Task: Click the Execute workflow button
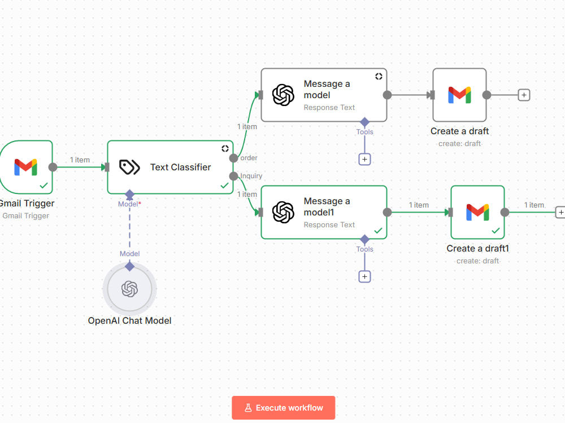coord(283,408)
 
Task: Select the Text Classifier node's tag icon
coord(129,168)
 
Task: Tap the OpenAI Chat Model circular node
coord(130,289)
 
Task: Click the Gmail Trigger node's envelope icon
coord(25,168)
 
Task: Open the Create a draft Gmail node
coord(459,95)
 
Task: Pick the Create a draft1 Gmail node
coord(477,212)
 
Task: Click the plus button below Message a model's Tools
coord(364,160)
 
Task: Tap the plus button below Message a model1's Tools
coord(364,276)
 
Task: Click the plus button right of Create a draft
coord(524,95)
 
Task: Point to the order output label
coord(249,158)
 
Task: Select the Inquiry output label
coord(251,176)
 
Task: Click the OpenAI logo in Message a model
coord(283,95)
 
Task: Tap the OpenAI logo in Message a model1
coord(283,212)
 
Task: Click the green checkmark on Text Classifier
coord(224,186)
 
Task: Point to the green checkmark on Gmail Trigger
coord(44,186)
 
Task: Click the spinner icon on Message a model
coord(379,76)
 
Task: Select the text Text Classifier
coord(181,168)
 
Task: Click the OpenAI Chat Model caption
coord(130,320)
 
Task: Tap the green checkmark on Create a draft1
coord(496,231)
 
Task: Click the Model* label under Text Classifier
coord(129,204)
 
